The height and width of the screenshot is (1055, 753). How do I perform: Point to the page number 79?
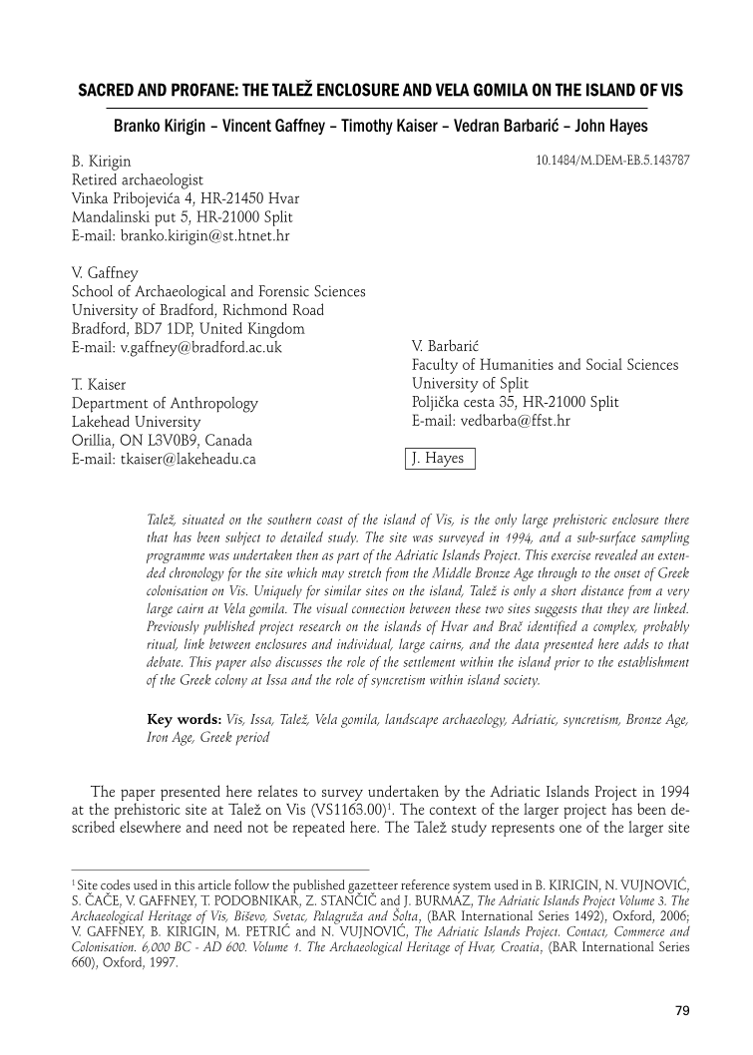[682, 1010]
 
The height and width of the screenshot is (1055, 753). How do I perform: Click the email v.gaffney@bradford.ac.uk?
[177, 347]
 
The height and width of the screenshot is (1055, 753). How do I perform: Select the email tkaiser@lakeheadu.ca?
[165, 459]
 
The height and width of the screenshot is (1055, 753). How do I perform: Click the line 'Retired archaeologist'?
[137, 179]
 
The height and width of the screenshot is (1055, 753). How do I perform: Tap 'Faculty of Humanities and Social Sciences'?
[545, 365]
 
